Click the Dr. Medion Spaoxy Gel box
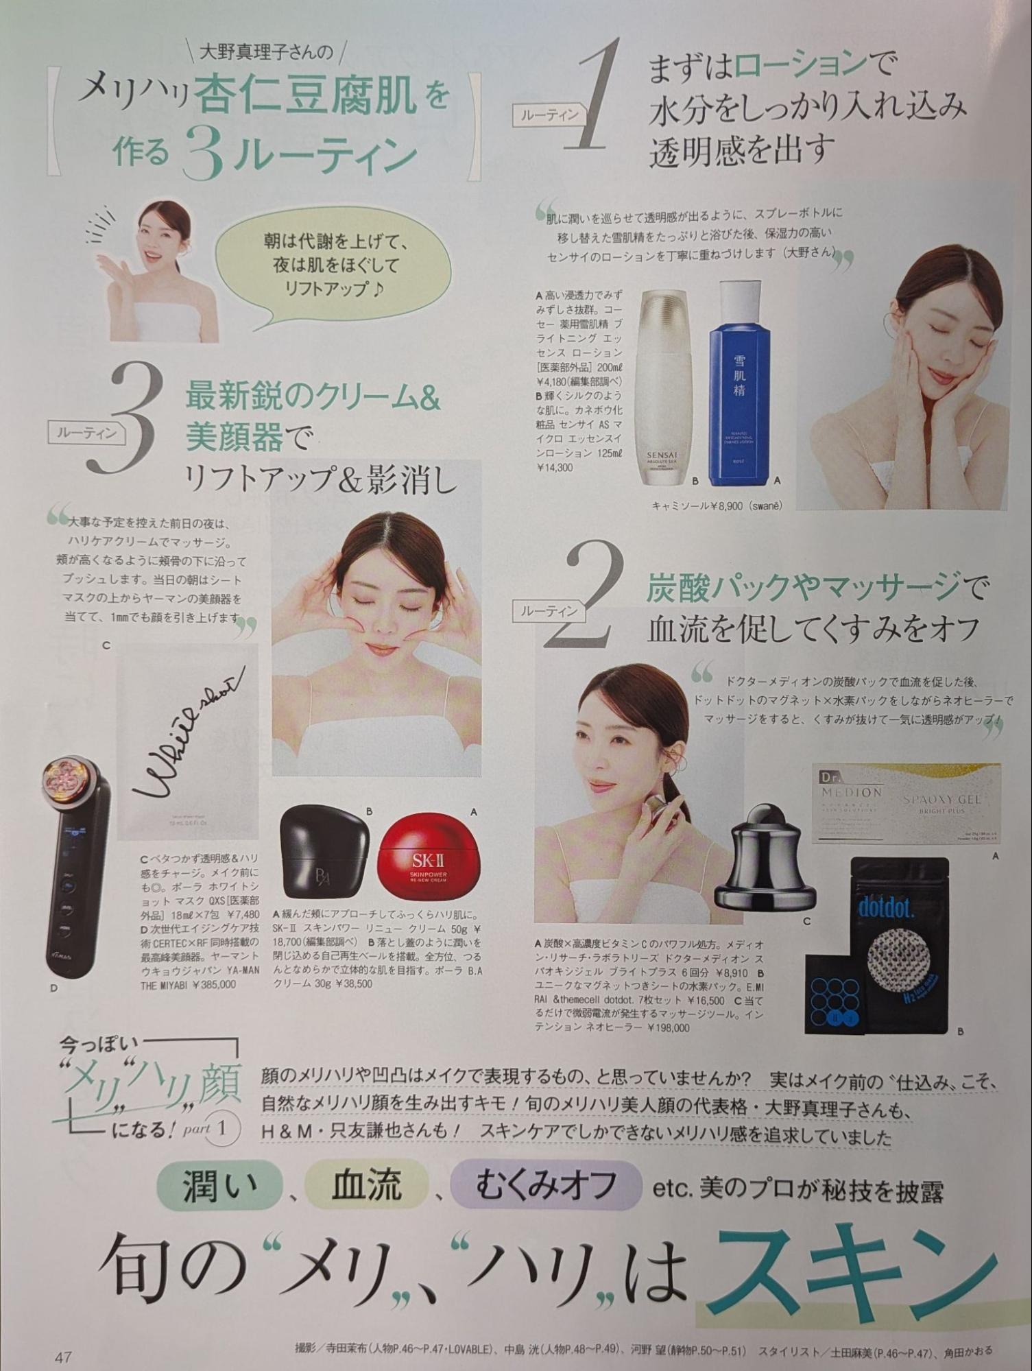click(905, 802)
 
